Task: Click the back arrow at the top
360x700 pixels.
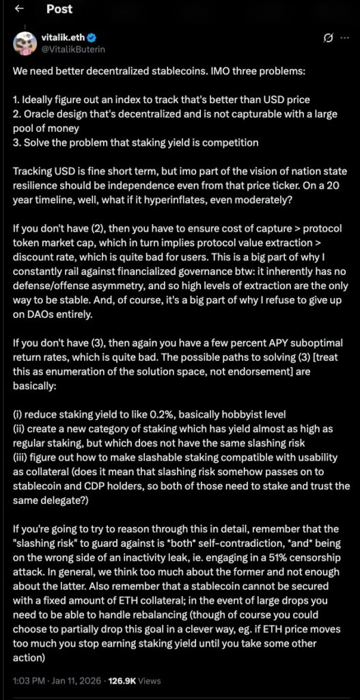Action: coord(18,10)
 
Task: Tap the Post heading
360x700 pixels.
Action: coord(60,10)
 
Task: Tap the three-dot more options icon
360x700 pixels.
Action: coord(344,38)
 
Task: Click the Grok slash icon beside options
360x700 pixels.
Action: coord(328,38)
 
